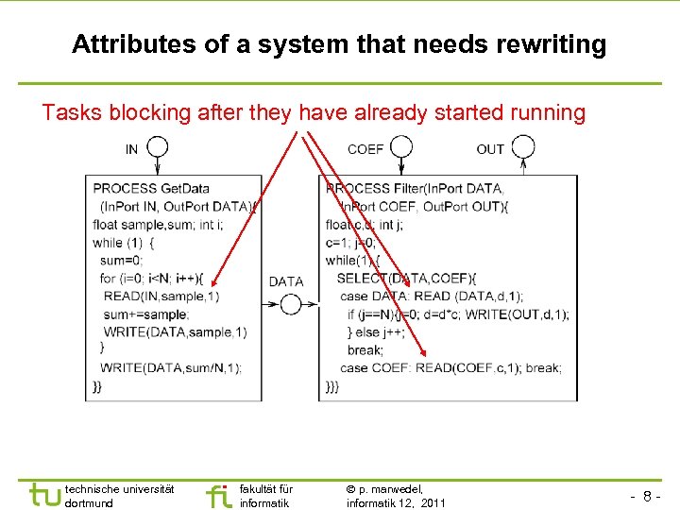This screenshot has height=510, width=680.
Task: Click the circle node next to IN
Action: [158, 147]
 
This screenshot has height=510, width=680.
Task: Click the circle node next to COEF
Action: [401, 147]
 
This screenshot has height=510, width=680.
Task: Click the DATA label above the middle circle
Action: [286, 281]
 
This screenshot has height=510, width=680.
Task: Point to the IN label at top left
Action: [131, 149]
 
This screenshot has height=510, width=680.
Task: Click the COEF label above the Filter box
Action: [365, 149]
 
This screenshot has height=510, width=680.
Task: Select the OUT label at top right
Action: [490, 149]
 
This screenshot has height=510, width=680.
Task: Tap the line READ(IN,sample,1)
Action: [161, 296]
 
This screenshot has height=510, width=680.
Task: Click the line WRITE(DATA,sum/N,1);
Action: [170, 367]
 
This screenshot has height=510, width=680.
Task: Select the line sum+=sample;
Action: [146, 314]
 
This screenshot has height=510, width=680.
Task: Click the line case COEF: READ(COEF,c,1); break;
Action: [450, 367]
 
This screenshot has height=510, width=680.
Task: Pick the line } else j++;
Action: [377, 331]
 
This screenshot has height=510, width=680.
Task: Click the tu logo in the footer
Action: [45, 494]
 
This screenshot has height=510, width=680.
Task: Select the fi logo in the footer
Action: [218, 494]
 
